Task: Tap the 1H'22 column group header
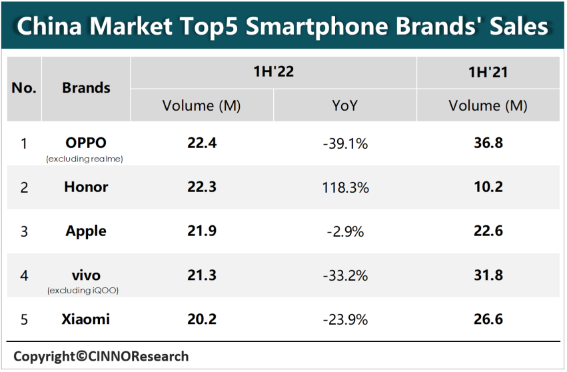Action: pos(273,72)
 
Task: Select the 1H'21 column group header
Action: pos(488,72)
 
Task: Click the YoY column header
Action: pos(345,105)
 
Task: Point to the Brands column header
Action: pos(86,88)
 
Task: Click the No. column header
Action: pos(24,88)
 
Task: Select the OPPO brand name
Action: pos(86,142)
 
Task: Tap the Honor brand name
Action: pos(86,187)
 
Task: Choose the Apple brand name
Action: pos(86,231)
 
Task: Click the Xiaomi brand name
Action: pos(86,319)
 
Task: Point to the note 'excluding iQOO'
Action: pos(86,291)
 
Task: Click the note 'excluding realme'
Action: pos(86,159)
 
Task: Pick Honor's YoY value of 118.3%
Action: pos(345,187)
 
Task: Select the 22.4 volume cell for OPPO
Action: pos(202,143)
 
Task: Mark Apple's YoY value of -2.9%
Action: pos(345,231)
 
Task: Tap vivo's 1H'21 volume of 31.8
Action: pos(488,275)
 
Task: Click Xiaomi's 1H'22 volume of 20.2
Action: pos(202,319)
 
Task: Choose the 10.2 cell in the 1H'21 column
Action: pos(488,187)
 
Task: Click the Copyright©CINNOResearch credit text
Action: pos(101,356)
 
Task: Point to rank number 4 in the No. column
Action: pos(24,275)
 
